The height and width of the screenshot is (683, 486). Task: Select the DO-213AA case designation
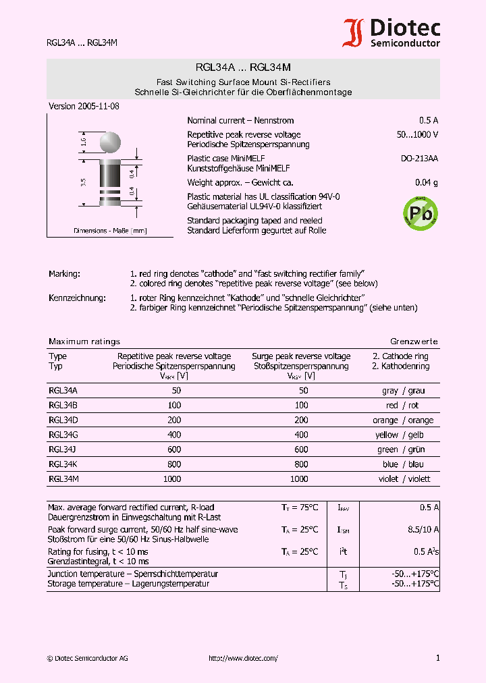419,159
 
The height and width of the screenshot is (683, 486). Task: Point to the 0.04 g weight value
426,183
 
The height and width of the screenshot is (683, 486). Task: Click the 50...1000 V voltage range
417,135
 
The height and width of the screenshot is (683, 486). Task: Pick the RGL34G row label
63,435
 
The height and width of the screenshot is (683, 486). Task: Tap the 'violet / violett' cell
404,479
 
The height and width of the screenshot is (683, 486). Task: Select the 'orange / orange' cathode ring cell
403,420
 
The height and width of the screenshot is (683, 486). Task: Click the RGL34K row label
63,464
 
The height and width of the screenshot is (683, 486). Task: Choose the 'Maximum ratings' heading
84,341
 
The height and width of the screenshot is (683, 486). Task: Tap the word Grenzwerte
414,341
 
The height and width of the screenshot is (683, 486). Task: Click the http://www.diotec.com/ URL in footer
243,658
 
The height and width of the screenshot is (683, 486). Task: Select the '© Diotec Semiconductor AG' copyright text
86,658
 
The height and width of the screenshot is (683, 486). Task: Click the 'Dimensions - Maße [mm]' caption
110,231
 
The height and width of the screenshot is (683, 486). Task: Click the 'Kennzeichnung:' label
77,298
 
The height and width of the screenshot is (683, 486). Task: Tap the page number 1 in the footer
437,658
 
